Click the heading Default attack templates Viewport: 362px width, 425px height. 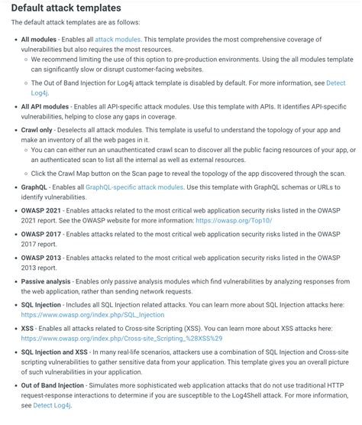[x=66, y=8]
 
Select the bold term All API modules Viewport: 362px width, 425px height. [x=44, y=107]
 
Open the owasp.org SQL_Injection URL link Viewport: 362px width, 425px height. [x=92, y=315]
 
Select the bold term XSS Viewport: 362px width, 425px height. [x=28, y=327]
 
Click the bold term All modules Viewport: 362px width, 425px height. [x=38, y=38]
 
